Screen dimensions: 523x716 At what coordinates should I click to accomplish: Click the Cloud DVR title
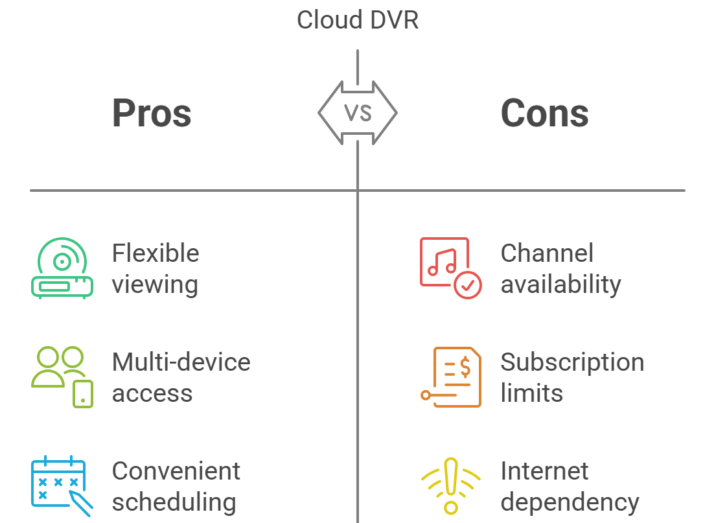coord(358,19)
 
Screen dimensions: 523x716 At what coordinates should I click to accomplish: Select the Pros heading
coord(152,113)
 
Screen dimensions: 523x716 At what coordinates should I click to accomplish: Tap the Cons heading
coord(544,113)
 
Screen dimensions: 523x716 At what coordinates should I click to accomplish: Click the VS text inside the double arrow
coord(358,113)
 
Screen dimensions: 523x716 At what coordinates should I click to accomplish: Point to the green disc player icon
coord(62,268)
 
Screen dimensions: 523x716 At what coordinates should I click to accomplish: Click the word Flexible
coord(156,253)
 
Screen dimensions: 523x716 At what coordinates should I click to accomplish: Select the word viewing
coord(155,285)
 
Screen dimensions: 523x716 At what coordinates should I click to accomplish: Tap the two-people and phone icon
coord(62,377)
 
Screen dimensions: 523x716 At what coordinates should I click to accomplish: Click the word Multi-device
coord(181,362)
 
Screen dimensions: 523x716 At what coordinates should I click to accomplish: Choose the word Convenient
coord(176,471)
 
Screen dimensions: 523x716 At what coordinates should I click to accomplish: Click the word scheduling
coord(174,502)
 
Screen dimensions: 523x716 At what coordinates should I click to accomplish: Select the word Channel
coord(547,253)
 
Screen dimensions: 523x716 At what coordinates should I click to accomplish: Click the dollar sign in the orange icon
coord(465,367)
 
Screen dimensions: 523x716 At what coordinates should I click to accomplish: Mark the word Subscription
coord(572,362)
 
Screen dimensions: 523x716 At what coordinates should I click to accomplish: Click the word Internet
coord(544,471)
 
